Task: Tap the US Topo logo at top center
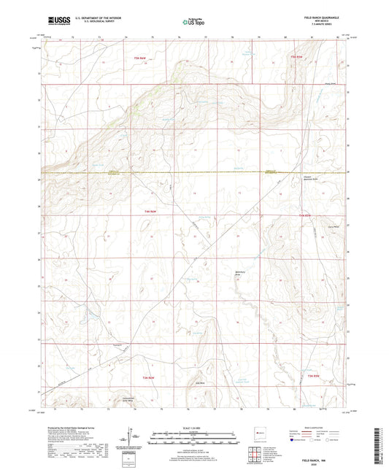coord(193,23)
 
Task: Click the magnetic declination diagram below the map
coord(133,440)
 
